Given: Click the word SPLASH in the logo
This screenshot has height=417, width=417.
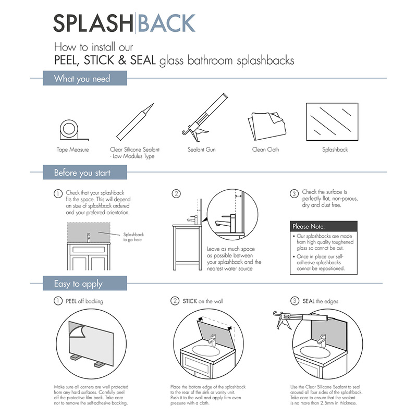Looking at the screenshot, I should pos(93,23).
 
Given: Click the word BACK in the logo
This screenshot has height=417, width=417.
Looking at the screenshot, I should pos(166,23).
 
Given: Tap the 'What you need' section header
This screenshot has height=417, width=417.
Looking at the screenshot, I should pos(82,79).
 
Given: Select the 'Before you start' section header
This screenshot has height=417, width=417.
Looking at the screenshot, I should pos(82,173).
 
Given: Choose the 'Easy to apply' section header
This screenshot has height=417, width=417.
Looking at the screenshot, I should pos(79,284).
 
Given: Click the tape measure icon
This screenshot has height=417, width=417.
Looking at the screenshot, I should pos(70,129).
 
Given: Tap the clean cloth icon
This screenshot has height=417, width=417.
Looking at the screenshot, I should pos(265,125).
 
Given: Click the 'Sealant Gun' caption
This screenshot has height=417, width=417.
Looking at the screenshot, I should pos(201,150).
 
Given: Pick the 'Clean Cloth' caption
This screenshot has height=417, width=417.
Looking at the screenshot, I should pos(265,150).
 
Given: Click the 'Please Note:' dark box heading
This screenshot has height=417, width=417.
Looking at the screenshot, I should pos(309,227).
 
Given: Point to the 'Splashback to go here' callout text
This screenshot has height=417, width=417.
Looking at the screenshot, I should pos(133,238).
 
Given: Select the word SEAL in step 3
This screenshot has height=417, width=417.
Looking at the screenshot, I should pos(309,301).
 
